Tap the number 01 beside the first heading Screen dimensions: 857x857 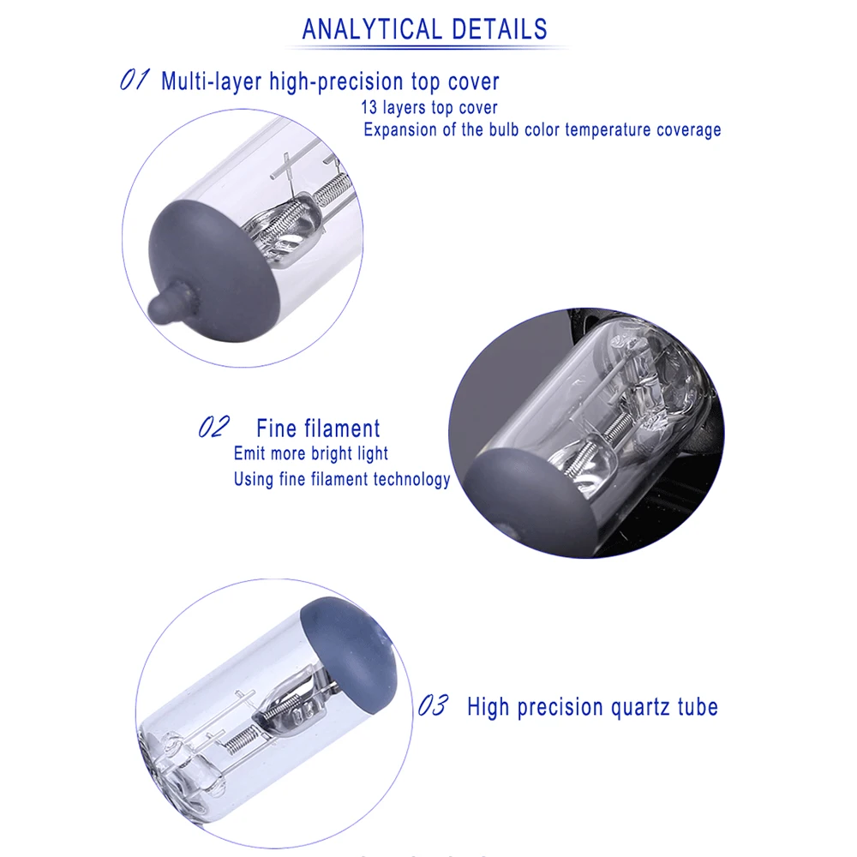pos(135,80)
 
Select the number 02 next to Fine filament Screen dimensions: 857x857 pos(213,427)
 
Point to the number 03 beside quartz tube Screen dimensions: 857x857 pos(433,705)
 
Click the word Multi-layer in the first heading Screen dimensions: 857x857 pos(212,81)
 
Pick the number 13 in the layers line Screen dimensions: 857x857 pos(369,108)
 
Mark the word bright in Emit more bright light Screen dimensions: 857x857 pos(331,453)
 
